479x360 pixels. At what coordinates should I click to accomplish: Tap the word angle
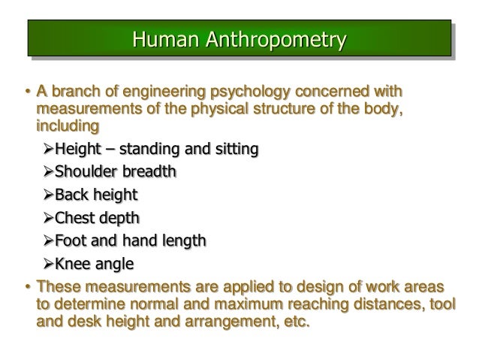click(113, 265)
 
